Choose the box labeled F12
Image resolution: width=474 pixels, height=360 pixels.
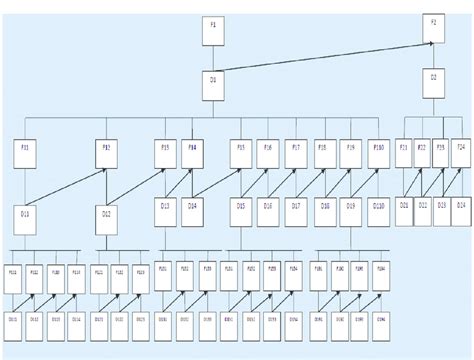(x=106, y=153)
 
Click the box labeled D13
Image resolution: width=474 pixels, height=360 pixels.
(x=166, y=209)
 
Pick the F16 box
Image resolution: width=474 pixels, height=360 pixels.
(x=268, y=152)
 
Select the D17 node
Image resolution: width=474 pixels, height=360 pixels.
(x=296, y=209)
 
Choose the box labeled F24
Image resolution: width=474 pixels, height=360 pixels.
(x=461, y=152)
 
